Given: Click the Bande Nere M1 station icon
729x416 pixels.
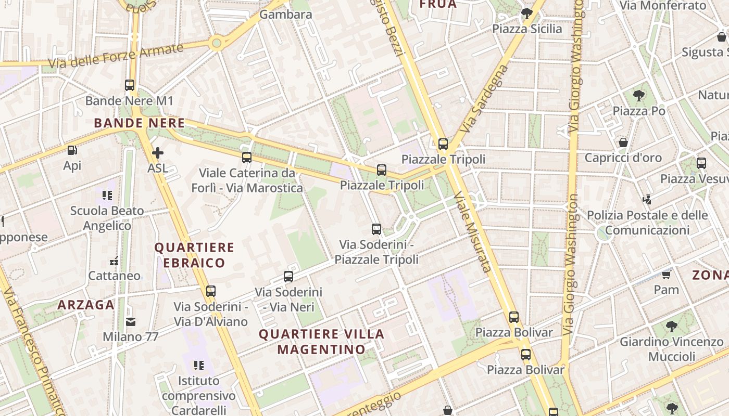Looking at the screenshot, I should tap(130, 85).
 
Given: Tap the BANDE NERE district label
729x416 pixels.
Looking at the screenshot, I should tap(139, 123).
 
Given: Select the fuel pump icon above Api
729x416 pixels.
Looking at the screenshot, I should tap(72, 150).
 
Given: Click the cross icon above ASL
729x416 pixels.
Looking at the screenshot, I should tap(157, 152).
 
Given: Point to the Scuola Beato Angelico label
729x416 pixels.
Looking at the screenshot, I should tap(107, 218).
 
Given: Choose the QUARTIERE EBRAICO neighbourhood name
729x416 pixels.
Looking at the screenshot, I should tap(194, 255).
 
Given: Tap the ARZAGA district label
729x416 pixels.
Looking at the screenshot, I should tap(86, 305).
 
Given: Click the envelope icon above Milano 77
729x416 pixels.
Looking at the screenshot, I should tap(130, 322).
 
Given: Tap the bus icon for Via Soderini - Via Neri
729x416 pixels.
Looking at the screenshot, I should tap(288, 277).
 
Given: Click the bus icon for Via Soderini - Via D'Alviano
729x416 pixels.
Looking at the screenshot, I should tap(210, 291).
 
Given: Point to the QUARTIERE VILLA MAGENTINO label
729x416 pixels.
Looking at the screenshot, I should tap(321, 341).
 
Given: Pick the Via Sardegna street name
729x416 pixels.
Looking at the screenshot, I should tap(485, 99).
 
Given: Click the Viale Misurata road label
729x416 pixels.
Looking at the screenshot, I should tap(473, 231).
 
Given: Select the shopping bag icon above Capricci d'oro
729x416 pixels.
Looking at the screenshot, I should tap(623, 142).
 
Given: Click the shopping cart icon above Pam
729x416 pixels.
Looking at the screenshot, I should tap(666, 275).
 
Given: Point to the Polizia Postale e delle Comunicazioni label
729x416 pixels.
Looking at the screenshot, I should tap(647, 223).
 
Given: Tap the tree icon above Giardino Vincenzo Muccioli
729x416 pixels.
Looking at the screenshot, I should tap(671, 327).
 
